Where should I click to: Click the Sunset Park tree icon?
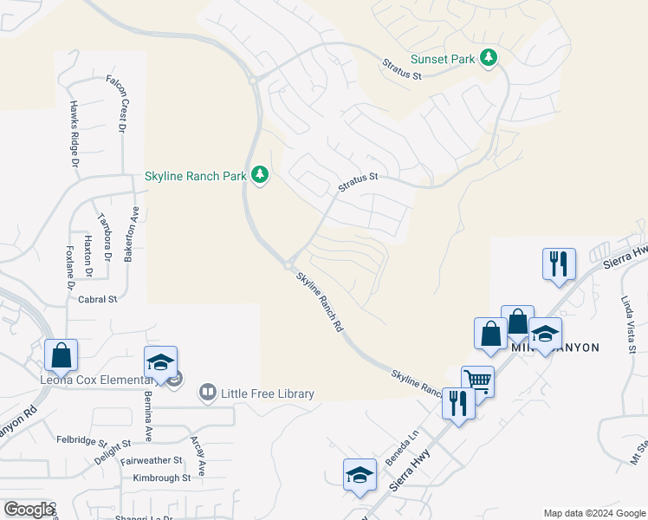tap(489, 58)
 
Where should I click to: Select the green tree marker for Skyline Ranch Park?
tap(260, 175)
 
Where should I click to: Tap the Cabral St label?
tap(98, 299)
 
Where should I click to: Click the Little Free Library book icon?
tap(207, 393)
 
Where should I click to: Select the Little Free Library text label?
tap(267, 394)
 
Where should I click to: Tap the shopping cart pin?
tap(477, 380)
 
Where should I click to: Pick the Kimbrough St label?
tap(162, 478)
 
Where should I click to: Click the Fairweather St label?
tap(152, 460)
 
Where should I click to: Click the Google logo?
tap(28, 510)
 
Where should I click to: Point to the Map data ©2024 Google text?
tap(593, 513)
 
